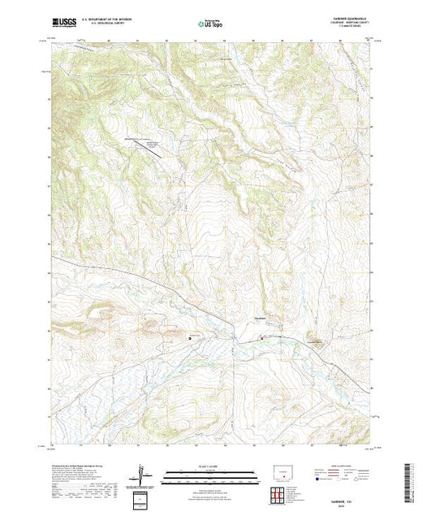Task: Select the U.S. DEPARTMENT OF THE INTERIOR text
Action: point(113,18)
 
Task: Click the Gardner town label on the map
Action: point(261,317)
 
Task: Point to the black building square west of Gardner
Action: point(191,337)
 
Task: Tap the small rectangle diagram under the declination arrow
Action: point(143,497)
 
